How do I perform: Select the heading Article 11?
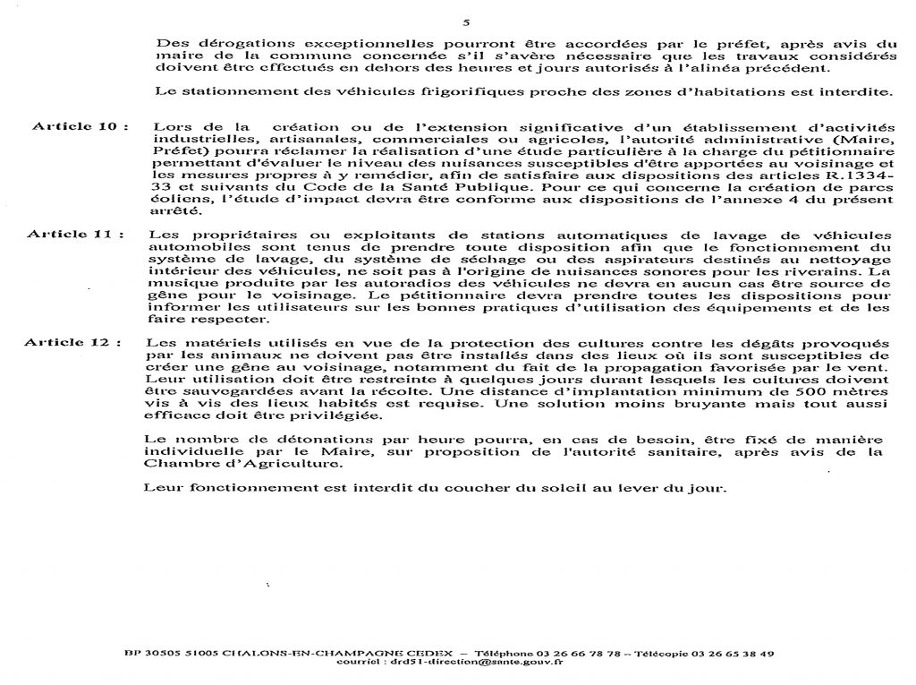pos(73,234)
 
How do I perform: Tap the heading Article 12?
pos(73,342)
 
